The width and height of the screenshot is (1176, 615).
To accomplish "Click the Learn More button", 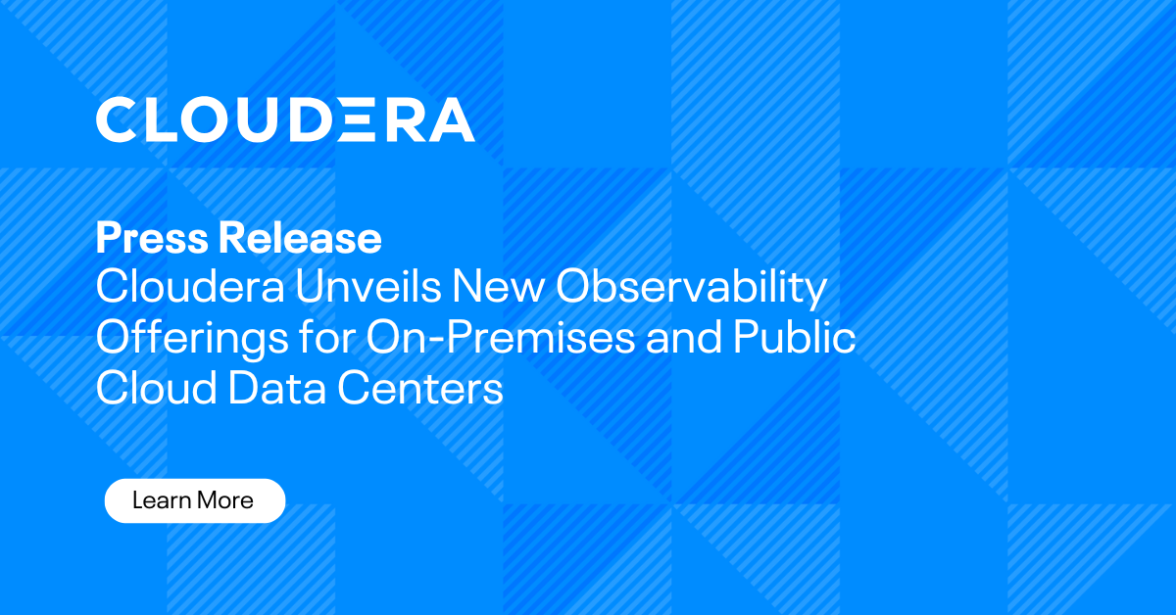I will [x=194, y=500].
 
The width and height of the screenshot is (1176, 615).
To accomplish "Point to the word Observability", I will [x=692, y=288].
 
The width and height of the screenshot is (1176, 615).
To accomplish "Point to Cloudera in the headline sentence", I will [x=177, y=288].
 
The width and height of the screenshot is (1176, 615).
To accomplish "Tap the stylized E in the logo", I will [x=365, y=119].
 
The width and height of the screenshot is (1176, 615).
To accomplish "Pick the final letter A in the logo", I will [x=452, y=119].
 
